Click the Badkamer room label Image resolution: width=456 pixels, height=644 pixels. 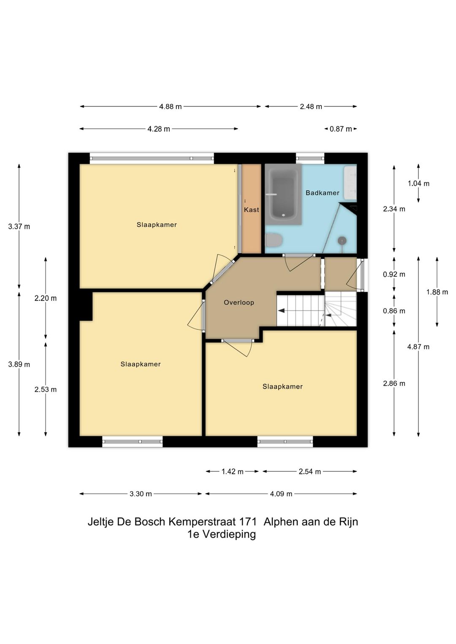[x=322, y=193]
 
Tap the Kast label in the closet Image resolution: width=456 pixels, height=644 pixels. [x=252, y=210]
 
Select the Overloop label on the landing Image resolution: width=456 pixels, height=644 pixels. [x=239, y=303]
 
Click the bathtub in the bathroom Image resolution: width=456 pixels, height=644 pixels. [x=283, y=194]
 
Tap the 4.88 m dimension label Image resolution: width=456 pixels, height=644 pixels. [x=170, y=107]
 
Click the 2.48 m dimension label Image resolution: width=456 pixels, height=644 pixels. [x=311, y=107]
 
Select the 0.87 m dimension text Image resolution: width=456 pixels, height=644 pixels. [x=341, y=129]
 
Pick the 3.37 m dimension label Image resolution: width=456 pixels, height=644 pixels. [x=19, y=227]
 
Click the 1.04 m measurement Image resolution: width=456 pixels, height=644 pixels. [x=418, y=184]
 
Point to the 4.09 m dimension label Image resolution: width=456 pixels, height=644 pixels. [x=281, y=494]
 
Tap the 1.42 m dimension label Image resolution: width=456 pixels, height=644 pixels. [x=233, y=471]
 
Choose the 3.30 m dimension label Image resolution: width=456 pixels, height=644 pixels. [x=141, y=494]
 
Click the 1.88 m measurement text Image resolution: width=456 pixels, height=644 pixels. [x=437, y=292]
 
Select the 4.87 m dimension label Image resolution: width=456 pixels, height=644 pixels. [x=418, y=347]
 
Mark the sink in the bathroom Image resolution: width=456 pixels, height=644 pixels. [x=350, y=182]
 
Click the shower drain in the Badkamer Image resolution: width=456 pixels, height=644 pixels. [x=342, y=239]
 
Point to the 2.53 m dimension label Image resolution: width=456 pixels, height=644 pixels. [x=46, y=390]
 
